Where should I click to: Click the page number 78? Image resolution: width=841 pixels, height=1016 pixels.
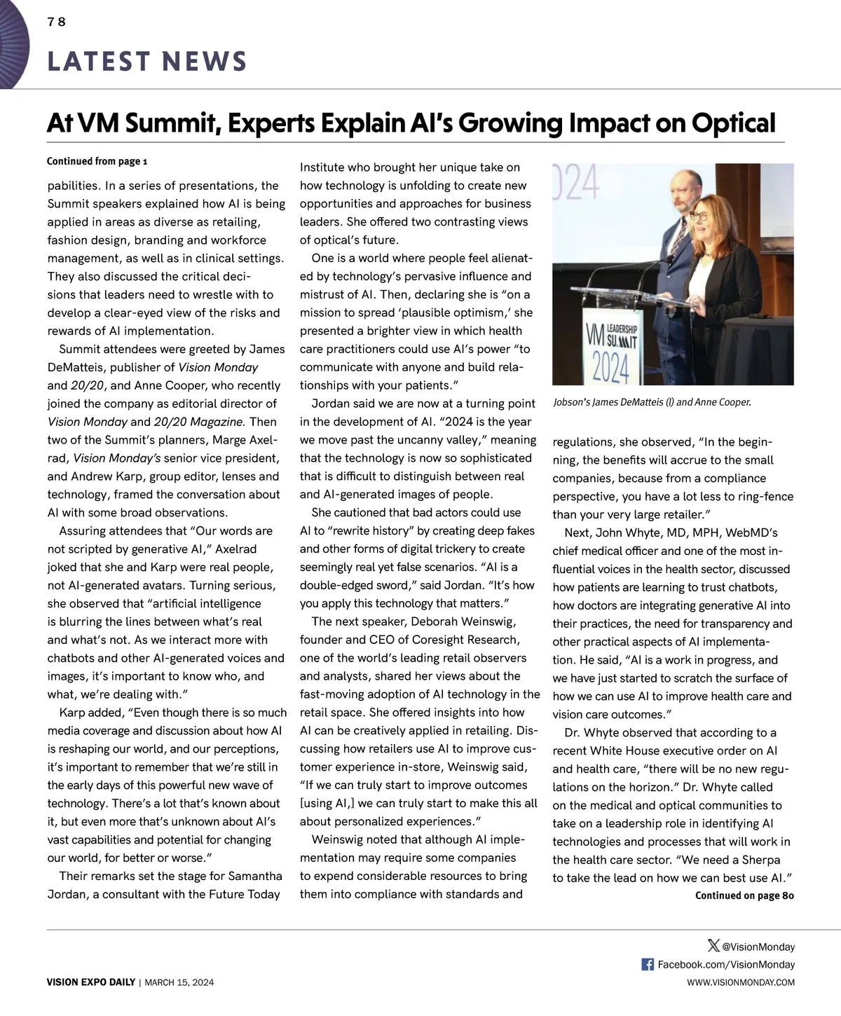(x=57, y=22)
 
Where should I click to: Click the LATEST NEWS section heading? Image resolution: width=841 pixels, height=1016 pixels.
(x=147, y=62)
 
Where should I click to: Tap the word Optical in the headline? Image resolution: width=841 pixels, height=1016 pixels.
(x=733, y=123)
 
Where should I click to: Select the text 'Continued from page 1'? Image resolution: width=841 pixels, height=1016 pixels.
(x=97, y=161)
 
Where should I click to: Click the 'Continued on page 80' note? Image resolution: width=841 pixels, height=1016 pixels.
(x=744, y=895)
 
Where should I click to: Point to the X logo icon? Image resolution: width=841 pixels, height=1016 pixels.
(x=713, y=946)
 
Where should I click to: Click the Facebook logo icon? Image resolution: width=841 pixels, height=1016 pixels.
(x=648, y=964)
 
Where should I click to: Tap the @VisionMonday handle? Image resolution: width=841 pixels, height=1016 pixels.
(x=758, y=947)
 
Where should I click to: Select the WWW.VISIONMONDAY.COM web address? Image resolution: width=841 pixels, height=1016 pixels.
(x=741, y=982)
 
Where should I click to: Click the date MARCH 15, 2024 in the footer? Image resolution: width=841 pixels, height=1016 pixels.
(x=180, y=982)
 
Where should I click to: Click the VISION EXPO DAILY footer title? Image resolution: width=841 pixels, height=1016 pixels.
(x=91, y=982)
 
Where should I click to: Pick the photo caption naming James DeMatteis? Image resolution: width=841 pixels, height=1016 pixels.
(x=652, y=403)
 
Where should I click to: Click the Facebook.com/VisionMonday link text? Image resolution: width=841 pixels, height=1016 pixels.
(x=726, y=965)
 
